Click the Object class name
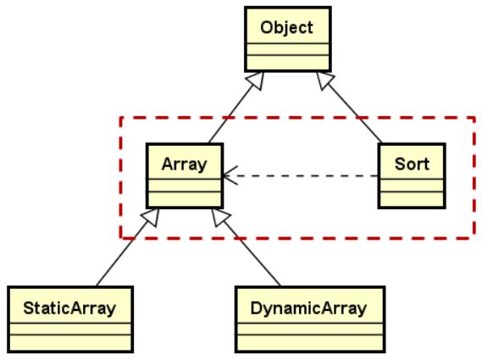tap(286, 28)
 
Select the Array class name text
tap(184, 164)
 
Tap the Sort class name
tap(412, 163)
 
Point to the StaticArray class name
tap(69, 308)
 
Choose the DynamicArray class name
tap(308, 308)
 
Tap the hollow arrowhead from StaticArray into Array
tap(152, 217)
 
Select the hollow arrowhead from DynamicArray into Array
tap(219, 217)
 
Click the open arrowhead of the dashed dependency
tap(228, 176)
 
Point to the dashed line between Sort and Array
tap(301, 176)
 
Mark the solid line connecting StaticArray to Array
tap(122, 254)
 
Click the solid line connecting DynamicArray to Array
tap(252, 254)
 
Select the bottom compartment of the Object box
tap(288, 63)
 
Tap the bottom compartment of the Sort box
tap(412, 199)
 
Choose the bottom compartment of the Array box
tap(185, 199)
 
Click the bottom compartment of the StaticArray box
tap(70, 342)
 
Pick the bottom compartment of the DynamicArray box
tap(310, 342)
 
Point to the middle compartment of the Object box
tap(288, 49)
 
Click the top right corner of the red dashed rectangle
tap(474, 118)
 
